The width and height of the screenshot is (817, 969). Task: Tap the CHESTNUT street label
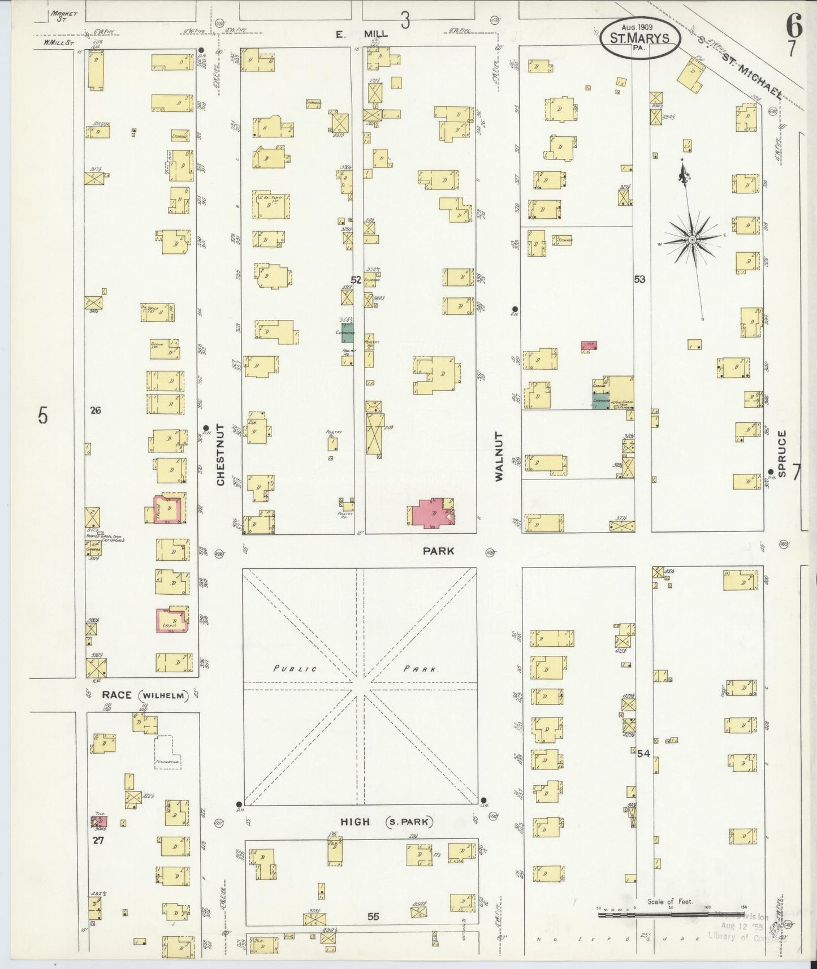click(220, 455)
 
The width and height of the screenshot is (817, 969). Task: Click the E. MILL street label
click(362, 34)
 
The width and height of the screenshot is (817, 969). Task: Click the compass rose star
click(691, 240)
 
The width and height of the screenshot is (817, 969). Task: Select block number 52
click(356, 279)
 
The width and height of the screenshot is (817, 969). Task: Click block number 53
click(639, 279)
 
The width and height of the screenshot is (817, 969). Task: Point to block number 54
click(643, 753)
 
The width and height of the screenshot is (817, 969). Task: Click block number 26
click(95, 410)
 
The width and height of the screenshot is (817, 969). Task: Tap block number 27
click(98, 840)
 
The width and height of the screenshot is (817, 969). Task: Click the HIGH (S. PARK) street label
click(386, 821)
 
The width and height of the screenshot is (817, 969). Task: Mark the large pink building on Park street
click(431, 513)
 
